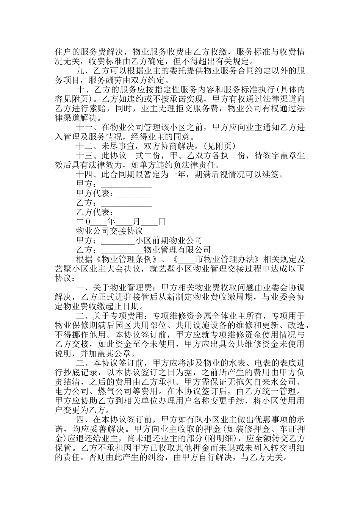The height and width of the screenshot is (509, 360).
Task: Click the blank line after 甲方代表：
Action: (x=135, y=194)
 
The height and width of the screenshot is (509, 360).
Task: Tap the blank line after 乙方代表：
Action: (x=135, y=212)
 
